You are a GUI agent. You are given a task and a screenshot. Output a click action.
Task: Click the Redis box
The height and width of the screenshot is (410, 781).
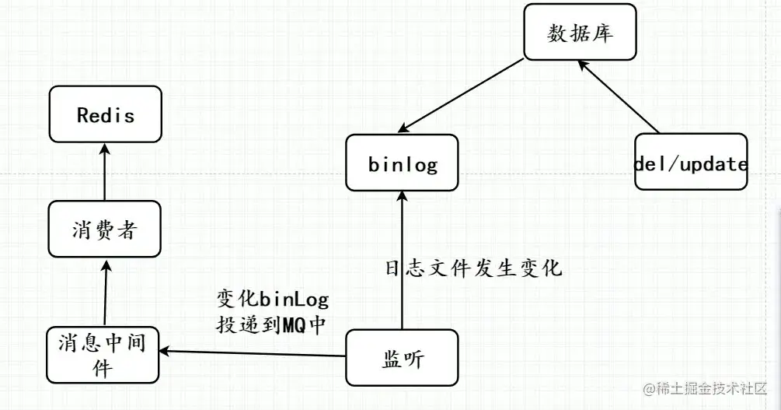click(105, 114)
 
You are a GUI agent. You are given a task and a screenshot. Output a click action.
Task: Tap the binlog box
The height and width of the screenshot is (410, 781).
click(402, 163)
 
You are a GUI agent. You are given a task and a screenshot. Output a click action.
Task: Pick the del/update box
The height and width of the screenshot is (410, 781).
click(691, 163)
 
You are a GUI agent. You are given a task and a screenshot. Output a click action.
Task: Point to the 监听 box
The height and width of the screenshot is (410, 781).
click(402, 358)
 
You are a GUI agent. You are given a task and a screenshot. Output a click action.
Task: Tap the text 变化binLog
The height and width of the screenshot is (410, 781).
click(272, 300)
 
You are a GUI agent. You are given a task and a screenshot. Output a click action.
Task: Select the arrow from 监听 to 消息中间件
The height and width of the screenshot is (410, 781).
click(253, 354)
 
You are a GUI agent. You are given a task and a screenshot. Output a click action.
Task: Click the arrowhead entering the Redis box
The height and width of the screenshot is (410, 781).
click(104, 147)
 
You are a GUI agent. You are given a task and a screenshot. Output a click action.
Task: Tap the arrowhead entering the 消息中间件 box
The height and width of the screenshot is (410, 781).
click(165, 352)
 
